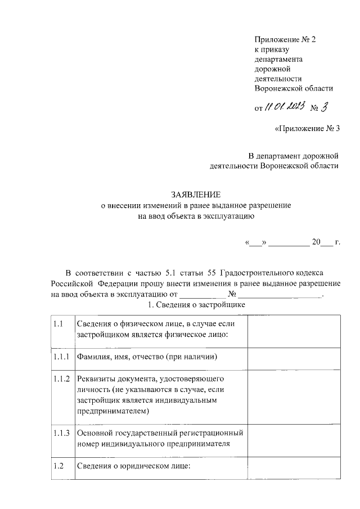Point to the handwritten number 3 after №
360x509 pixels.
pos(324,107)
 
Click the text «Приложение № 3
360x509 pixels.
pos(307,129)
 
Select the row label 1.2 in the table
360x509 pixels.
pos(58,466)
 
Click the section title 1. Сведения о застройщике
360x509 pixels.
pos(196,304)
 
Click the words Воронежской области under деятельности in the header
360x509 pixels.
pos(294,88)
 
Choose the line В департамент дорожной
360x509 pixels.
pos(293,155)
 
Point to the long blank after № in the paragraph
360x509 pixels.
pos(280,294)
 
